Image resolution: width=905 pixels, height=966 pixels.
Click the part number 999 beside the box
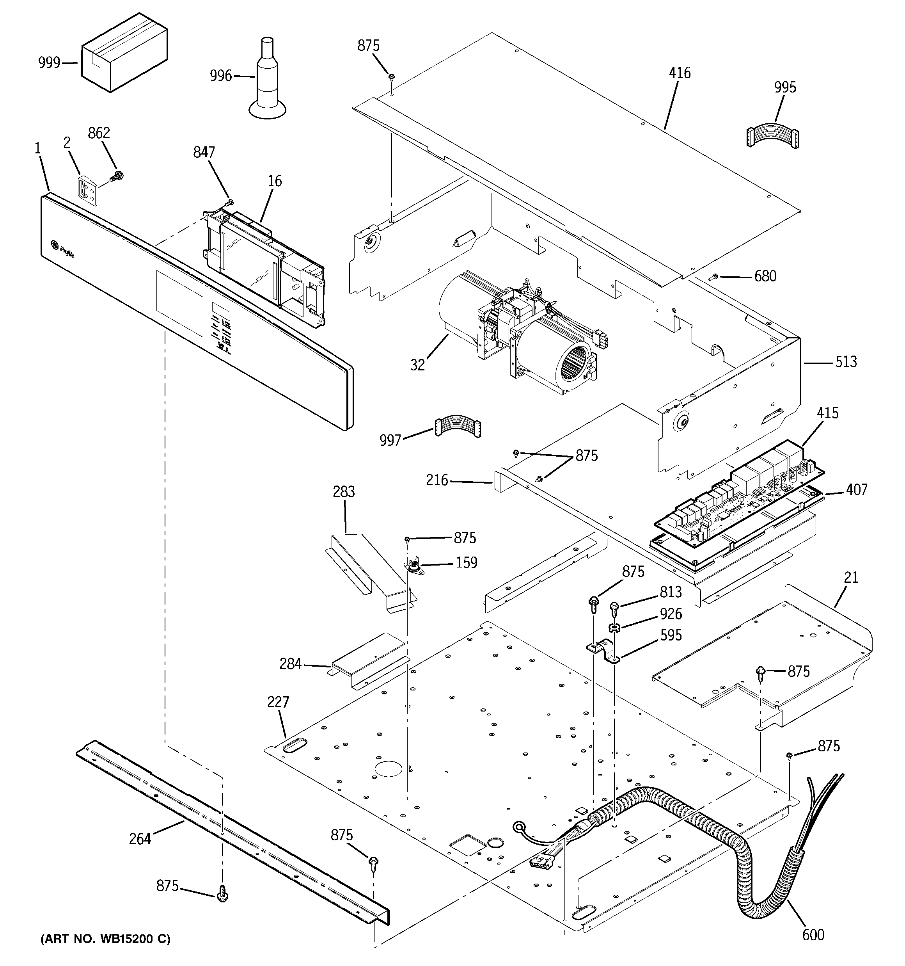click(49, 63)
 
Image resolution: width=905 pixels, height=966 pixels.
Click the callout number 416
click(680, 73)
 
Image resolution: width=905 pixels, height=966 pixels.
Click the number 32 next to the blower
click(417, 365)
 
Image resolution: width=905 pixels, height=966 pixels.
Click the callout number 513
click(846, 361)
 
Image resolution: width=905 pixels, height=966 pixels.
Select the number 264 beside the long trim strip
click(140, 839)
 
